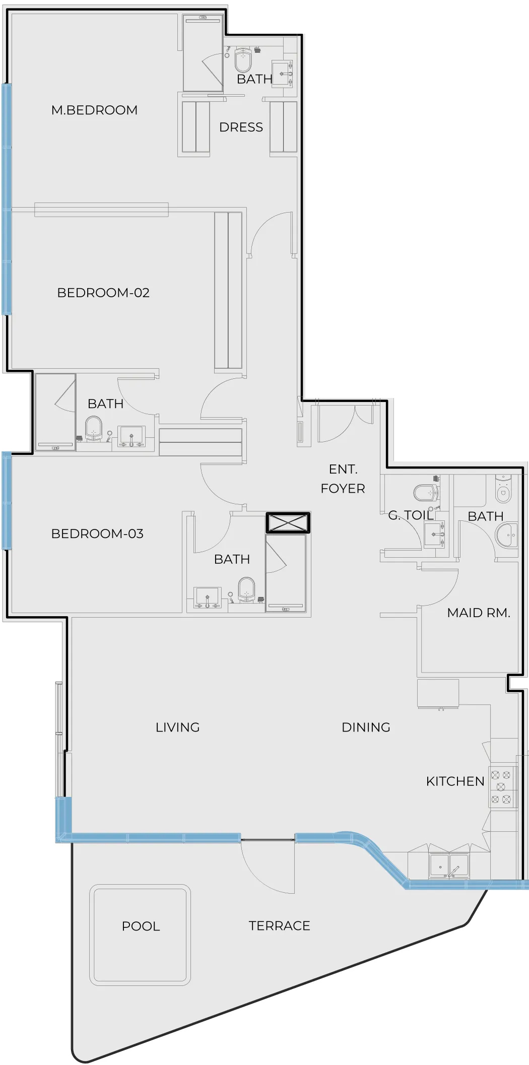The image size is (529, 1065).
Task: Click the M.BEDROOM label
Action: tap(94, 110)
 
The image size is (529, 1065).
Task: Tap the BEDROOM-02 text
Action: tap(103, 293)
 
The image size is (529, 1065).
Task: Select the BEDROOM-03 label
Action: tap(97, 534)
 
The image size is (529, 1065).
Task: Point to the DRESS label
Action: tap(241, 127)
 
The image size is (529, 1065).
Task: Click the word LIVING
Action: tap(177, 727)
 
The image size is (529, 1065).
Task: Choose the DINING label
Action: tap(366, 727)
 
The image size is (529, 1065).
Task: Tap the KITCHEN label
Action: tap(455, 781)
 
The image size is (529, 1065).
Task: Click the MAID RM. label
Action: tap(479, 613)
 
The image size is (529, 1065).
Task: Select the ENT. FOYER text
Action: tap(343, 479)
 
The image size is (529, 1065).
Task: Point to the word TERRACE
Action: tap(279, 925)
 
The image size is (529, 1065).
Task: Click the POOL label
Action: tap(141, 926)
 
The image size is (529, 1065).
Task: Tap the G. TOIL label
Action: tap(411, 515)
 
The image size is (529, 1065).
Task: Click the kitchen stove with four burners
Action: tap(502, 786)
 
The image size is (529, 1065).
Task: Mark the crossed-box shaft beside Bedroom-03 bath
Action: tap(288, 523)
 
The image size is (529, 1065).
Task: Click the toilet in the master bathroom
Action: tap(243, 60)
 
